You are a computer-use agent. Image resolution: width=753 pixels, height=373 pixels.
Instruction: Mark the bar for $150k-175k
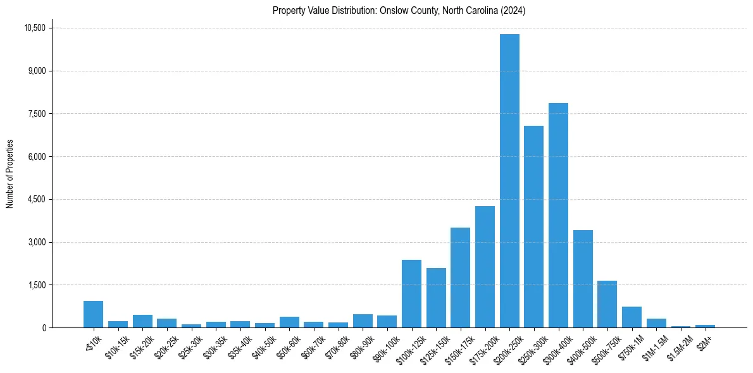point(460,278)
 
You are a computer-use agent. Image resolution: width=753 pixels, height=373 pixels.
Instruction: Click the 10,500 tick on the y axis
point(35,28)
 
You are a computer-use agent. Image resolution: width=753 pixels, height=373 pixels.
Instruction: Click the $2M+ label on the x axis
point(704,341)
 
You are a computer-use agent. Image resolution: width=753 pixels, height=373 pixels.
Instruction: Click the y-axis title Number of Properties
point(9,174)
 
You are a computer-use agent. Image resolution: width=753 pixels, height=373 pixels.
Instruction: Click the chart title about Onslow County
point(399,11)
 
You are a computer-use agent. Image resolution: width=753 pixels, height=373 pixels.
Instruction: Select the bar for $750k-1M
point(632,317)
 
